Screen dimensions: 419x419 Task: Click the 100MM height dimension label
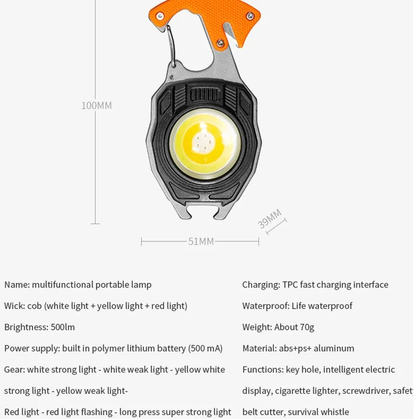tap(96, 105)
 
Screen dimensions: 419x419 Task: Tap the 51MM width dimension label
tap(201, 241)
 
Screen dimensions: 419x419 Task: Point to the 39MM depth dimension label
tap(270, 218)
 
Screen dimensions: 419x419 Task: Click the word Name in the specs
tap(16, 285)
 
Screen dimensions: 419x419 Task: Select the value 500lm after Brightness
tap(63, 327)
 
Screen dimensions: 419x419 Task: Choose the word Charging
tap(260, 285)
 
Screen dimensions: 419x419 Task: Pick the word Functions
tap(262, 370)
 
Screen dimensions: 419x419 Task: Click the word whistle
tap(334, 412)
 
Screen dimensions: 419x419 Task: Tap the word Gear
tap(14, 370)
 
